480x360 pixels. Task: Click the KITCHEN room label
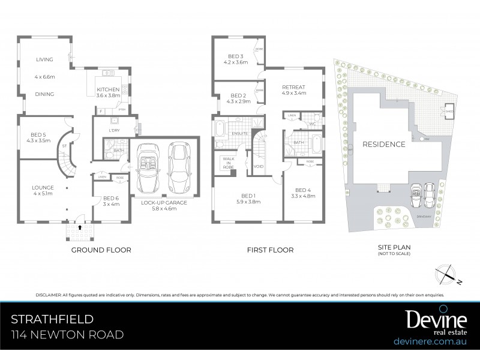click(x=109, y=89)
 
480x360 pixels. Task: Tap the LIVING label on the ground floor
click(x=44, y=59)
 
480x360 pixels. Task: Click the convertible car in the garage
click(x=146, y=166)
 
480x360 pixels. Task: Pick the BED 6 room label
click(x=111, y=198)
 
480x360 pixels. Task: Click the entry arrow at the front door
click(x=80, y=227)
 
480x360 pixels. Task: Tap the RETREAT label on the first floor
click(x=294, y=87)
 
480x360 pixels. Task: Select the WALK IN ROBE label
click(x=227, y=163)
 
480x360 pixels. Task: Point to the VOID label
click(x=259, y=166)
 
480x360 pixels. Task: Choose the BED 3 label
click(x=235, y=57)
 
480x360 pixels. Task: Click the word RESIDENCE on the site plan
click(x=384, y=144)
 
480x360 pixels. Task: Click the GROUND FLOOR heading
click(x=101, y=250)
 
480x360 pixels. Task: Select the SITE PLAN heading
click(x=394, y=247)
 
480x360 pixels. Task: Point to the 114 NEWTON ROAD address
click(x=67, y=334)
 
